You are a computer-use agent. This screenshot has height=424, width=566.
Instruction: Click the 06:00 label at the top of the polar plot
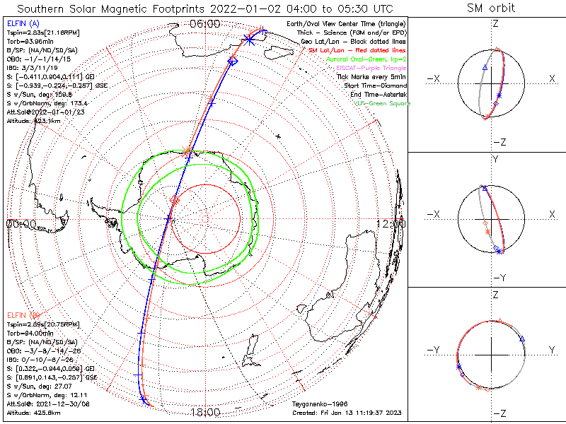pos(205,23)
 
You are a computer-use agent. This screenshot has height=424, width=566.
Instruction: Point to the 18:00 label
pos(205,412)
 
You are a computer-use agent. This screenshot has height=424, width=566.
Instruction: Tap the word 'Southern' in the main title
pos(43,8)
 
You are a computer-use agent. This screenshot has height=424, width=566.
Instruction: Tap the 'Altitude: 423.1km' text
pos(33,121)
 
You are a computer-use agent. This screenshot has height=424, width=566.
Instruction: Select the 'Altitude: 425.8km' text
pos(33,411)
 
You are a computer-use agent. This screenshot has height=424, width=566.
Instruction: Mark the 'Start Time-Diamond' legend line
pos(374,86)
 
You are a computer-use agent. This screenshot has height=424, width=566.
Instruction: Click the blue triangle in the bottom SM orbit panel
pos(523,339)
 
